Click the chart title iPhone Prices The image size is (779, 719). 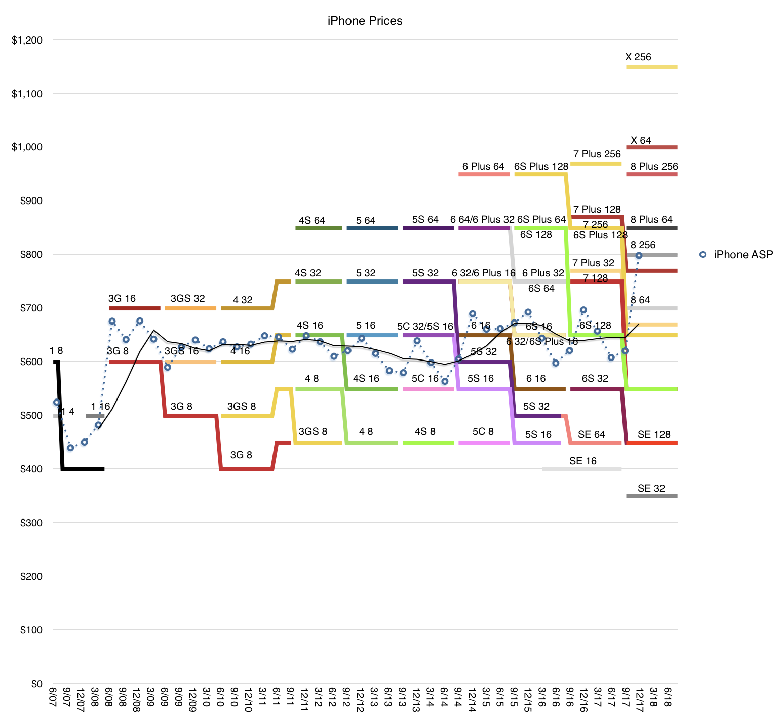[365, 21]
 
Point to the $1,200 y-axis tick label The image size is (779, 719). [27, 40]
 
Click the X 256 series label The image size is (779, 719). [638, 57]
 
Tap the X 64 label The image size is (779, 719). [641, 140]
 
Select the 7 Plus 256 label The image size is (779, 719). [597, 154]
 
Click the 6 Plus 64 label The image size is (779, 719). [483, 166]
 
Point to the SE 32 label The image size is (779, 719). [651, 488]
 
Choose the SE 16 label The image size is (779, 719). [583, 461]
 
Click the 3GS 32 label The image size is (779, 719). [188, 298]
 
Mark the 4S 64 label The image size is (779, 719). [312, 220]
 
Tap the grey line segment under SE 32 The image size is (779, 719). [652, 496]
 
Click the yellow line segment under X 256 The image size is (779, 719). [652, 67]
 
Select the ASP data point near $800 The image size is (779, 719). [639, 256]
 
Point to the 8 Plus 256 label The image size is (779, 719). [654, 166]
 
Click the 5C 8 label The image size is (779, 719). [483, 431]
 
